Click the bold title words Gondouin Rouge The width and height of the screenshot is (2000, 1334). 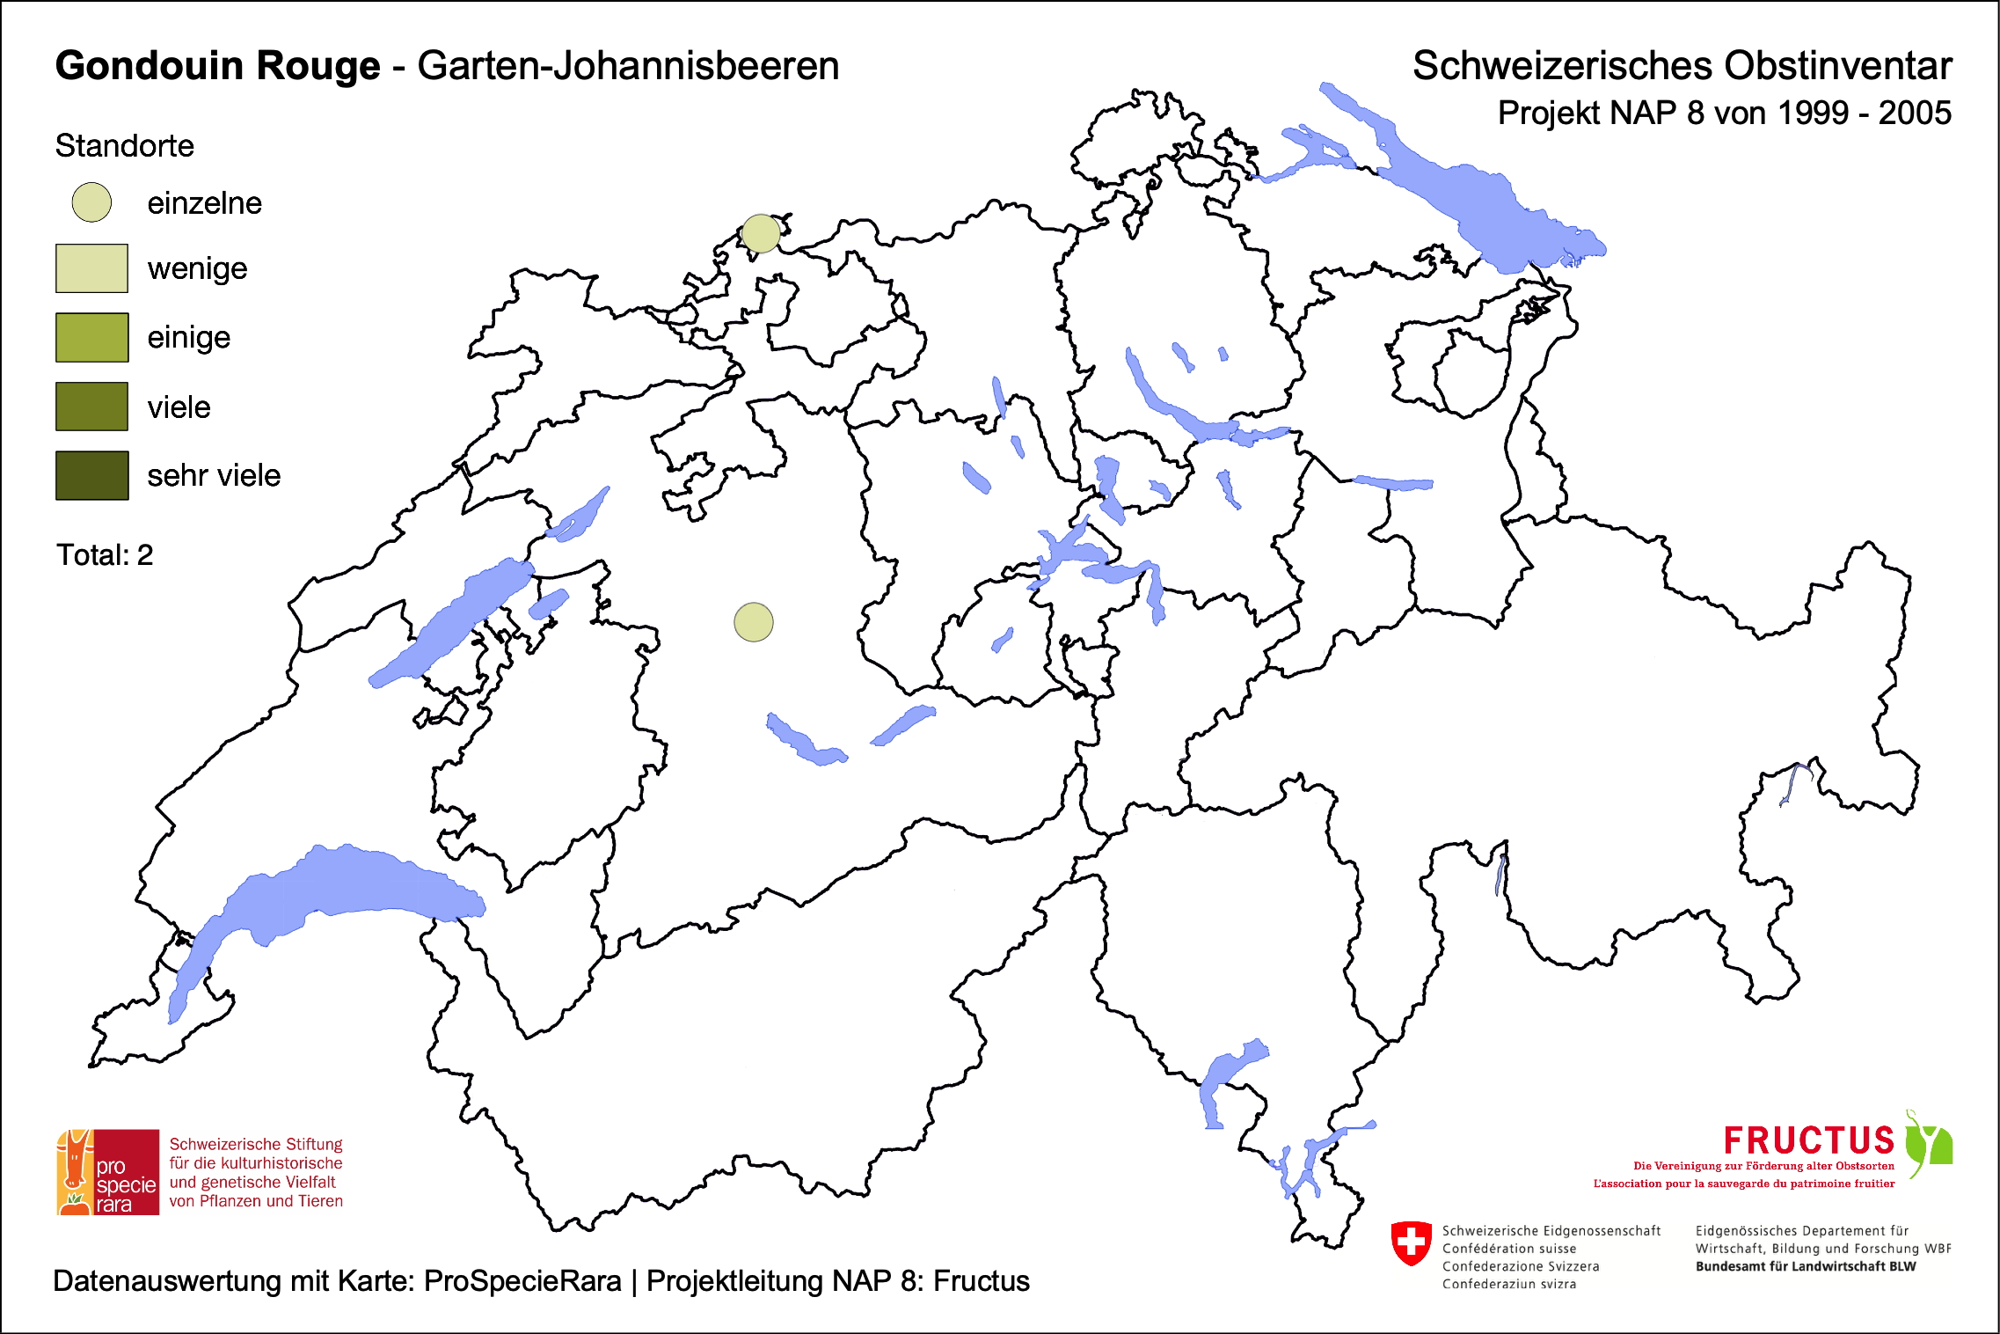(217, 66)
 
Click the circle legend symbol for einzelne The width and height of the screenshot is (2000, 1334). (91, 202)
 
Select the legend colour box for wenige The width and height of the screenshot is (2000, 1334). (91, 268)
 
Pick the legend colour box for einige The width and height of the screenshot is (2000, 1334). (91, 337)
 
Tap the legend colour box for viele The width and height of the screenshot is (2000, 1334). (91, 407)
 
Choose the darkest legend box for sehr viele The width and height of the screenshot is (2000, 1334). (91, 475)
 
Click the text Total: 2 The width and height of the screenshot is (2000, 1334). (105, 555)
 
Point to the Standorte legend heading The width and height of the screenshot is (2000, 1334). (124, 146)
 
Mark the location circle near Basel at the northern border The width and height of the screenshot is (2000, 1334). (761, 233)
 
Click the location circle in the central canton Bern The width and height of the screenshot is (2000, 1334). (754, 622)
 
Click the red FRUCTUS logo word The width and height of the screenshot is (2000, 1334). (1808, 1140)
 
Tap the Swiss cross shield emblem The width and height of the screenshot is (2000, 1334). (1412, 1242)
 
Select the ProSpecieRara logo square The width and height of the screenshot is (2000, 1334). (108, 1172)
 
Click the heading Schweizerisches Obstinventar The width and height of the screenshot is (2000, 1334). (1682, 66)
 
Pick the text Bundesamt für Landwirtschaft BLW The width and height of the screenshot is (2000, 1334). (1805, 1266)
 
